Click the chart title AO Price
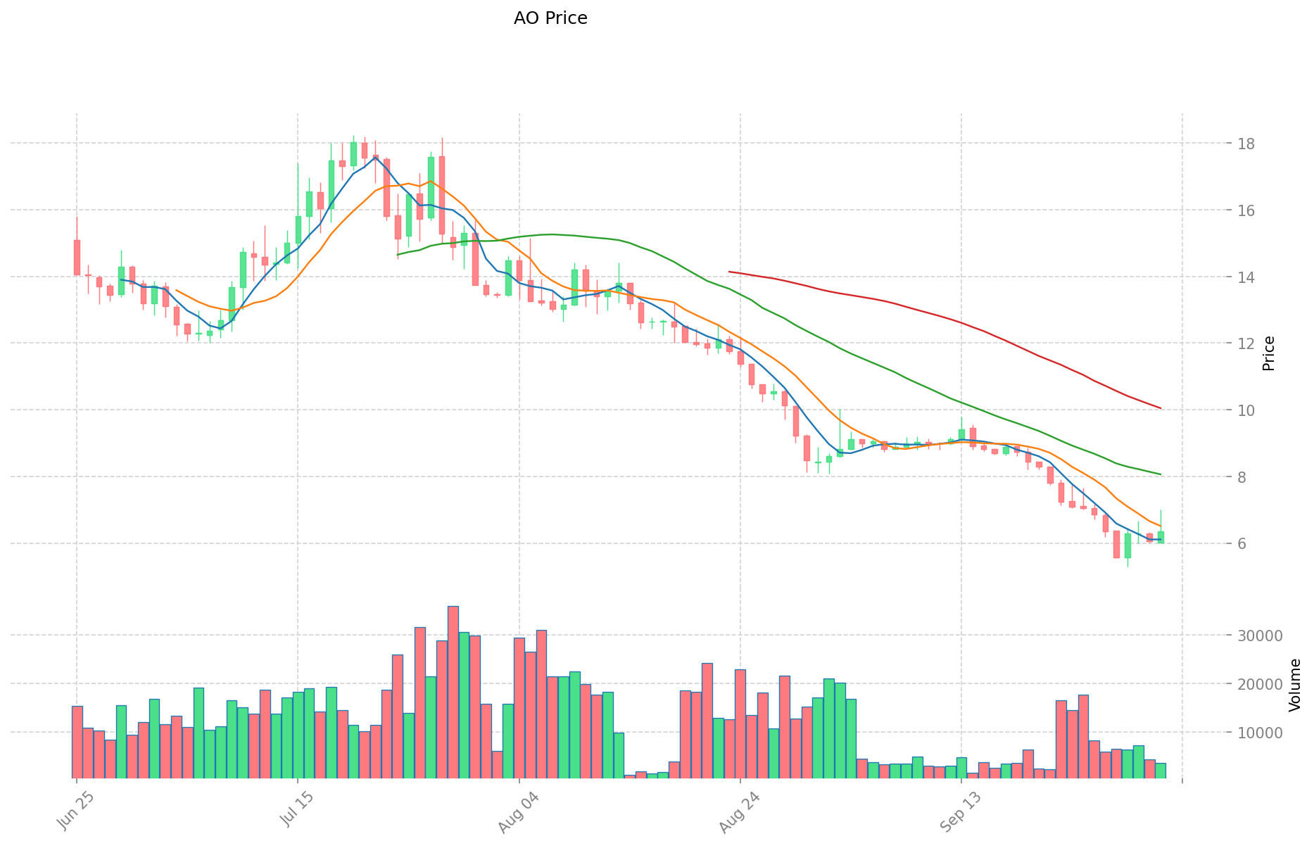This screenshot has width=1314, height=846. (550, 18)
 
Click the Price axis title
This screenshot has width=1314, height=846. (1268, 353)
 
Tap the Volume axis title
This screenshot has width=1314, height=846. (1295, 685)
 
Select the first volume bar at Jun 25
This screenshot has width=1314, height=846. (77, 742)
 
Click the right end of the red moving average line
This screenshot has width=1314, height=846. (1161, 408)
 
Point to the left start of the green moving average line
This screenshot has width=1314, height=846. (398, 255)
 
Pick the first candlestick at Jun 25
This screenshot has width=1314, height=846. (77, 258)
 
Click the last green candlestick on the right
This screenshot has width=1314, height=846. (1161, 537)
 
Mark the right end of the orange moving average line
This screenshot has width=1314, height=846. (1161, 526)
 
